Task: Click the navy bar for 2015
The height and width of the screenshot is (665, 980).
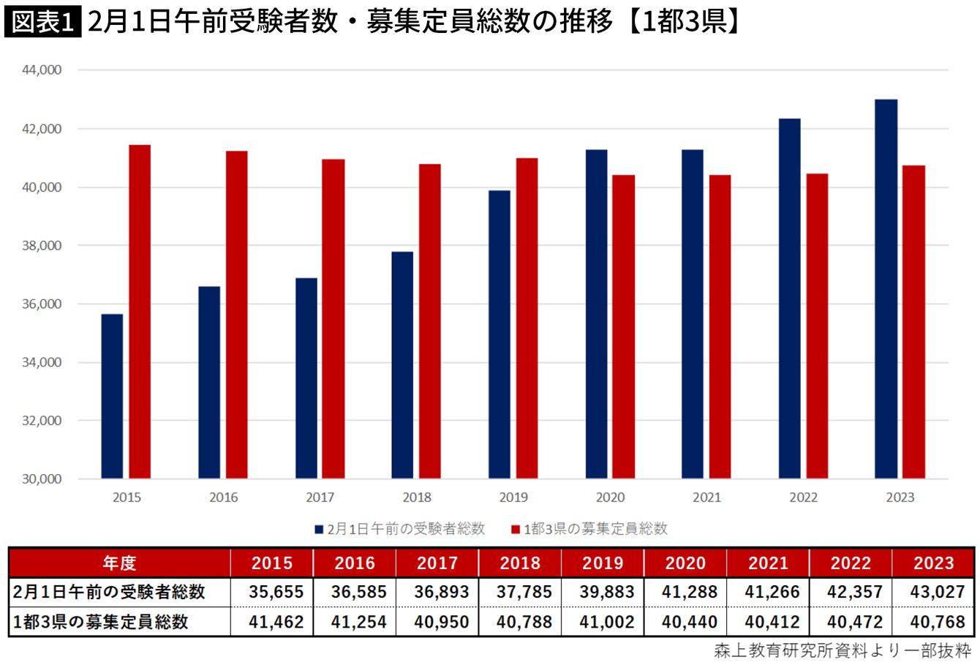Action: click(x=112, y=396)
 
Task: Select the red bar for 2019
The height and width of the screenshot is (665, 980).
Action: click(x=527, y=318)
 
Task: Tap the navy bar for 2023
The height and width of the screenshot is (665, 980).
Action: click(x=886, y=289)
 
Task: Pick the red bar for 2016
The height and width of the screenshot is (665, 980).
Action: click(x=237, y=315)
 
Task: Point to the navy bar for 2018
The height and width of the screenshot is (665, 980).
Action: click(x=402, y=365)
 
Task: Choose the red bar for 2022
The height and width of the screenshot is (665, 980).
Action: click(x=817, y=326)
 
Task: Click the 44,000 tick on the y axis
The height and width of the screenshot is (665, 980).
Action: click(x=42, y=70)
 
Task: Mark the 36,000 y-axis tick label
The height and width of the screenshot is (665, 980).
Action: click(x=42, y=304)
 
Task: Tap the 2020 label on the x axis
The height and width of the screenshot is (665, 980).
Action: click(x=611, y=497)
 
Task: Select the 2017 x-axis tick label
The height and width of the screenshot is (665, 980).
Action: click(x=320, y=497)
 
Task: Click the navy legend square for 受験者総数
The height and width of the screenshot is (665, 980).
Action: click(x=319, y=530)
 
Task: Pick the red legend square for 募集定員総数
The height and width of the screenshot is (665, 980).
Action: click(x=516, y=530)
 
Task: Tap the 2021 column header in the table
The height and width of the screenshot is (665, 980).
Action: click(x=768, y=563)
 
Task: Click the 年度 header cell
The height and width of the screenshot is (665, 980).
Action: click(x=119, y=563)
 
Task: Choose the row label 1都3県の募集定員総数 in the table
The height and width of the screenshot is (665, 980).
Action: click(x=101, y=622)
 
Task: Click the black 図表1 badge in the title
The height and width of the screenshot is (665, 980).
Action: click(x=43, y=22)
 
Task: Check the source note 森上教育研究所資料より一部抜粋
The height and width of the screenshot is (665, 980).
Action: click(x=843, y=651)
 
